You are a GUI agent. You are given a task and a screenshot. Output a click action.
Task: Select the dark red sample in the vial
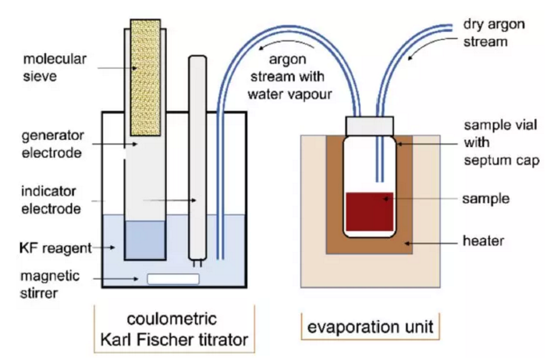point(369,212)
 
